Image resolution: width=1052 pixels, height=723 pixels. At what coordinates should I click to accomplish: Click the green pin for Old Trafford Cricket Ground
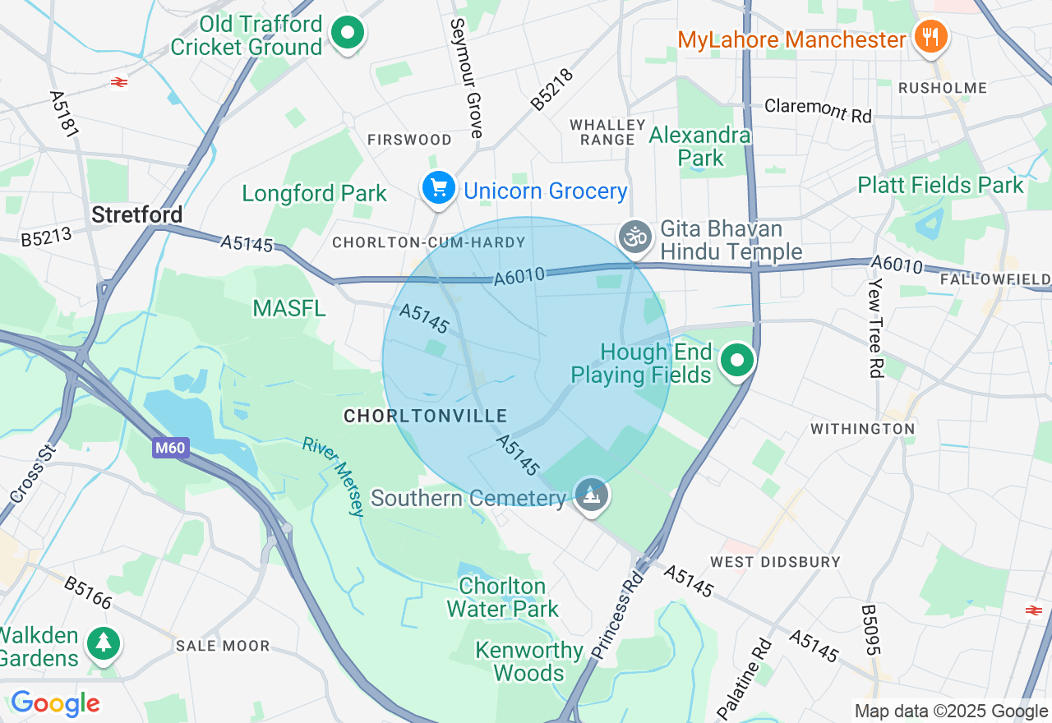347,34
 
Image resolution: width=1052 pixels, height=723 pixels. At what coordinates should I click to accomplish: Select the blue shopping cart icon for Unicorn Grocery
439,188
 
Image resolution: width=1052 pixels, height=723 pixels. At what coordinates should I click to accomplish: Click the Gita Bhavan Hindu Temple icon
634,237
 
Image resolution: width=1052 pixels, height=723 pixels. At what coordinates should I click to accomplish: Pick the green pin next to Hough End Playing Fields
737,361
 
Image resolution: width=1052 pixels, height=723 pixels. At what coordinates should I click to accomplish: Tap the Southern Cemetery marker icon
592,495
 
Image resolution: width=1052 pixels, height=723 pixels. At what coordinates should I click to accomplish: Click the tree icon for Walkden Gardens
104,643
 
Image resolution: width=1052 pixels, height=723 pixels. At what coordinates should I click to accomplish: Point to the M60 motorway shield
171,449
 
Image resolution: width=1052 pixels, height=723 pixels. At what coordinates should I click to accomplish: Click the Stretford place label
136,215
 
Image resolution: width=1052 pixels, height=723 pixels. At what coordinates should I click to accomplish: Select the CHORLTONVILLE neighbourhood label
425,417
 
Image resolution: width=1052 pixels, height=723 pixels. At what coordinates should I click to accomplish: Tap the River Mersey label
333,476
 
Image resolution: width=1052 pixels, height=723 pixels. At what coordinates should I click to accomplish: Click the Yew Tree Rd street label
875,326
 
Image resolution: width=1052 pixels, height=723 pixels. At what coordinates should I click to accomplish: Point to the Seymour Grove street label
466,78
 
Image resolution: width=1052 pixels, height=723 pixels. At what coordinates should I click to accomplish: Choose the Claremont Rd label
818,110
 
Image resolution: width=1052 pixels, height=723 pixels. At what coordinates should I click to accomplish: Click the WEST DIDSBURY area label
775,562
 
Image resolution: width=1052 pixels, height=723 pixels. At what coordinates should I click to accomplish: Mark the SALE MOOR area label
223,646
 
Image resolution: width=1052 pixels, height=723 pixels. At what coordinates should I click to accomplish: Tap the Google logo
55,703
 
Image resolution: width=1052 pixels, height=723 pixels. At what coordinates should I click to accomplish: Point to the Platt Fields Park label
940,185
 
